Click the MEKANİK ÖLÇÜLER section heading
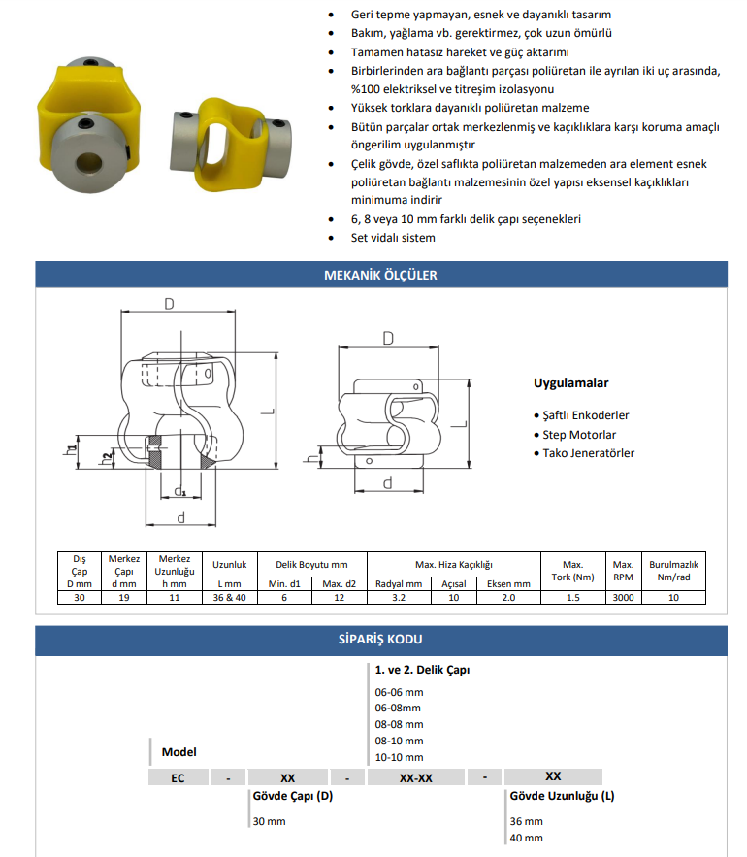(x=380, y=275)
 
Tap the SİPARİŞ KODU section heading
(x=380, y=640)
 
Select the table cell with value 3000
(x=622, y=598)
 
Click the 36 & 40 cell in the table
(x=229, y=598)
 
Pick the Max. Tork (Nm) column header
(x=572, y=570)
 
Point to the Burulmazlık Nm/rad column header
(x=673, y=570)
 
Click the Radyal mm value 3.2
(x=399, y=598)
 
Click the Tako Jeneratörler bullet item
(x=588, y=453)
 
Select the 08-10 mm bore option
(x=399, y=741)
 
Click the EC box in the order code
(x=179, y=776)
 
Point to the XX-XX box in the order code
(x=415, y=776)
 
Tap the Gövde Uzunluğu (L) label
(x=561, y=796)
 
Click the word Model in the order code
(x=179, y=752)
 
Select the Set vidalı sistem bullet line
(x=393, y=238)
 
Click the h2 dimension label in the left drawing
(x=106, y=458)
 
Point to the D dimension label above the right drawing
(x=388, y=338)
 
